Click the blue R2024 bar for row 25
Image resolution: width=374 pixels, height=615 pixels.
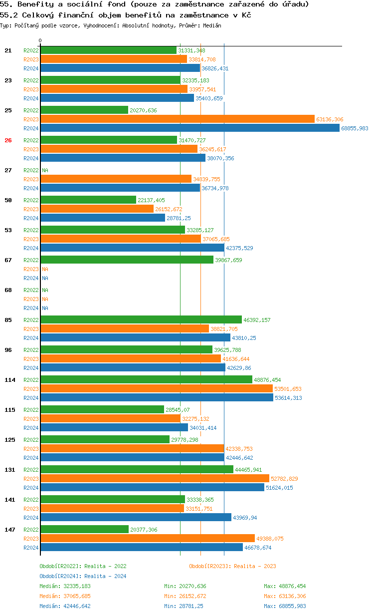click(189, 128)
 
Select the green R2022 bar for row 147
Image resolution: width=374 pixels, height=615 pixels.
click(84, 530)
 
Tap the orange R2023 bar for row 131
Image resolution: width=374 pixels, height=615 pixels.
click(155, 479)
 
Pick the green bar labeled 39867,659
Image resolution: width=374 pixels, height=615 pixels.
click(127, 260)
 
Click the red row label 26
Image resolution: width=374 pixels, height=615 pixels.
click(8, 140)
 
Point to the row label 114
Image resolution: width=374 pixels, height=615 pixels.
click(10, 380)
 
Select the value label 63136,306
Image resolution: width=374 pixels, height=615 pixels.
click(330, 119)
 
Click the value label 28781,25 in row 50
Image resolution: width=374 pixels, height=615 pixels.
click(179, 218)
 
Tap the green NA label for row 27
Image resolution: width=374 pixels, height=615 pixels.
click(45, 170)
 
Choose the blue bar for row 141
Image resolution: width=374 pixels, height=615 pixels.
click(136, 518)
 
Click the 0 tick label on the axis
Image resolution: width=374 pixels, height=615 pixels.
click(40, 40)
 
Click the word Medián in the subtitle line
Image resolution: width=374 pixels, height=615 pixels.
click(212, 25)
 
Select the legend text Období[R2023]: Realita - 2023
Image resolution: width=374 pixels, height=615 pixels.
click(232, 566)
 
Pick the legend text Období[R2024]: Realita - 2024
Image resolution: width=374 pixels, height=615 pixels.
click(83, 576)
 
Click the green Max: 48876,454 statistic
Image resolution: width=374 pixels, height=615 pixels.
click(285, 586)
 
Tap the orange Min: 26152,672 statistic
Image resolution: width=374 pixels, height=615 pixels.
click(185, 596)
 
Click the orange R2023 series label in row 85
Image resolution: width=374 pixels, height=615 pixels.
click(31, 329)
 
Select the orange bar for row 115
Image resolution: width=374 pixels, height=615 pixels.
click(110, 419)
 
